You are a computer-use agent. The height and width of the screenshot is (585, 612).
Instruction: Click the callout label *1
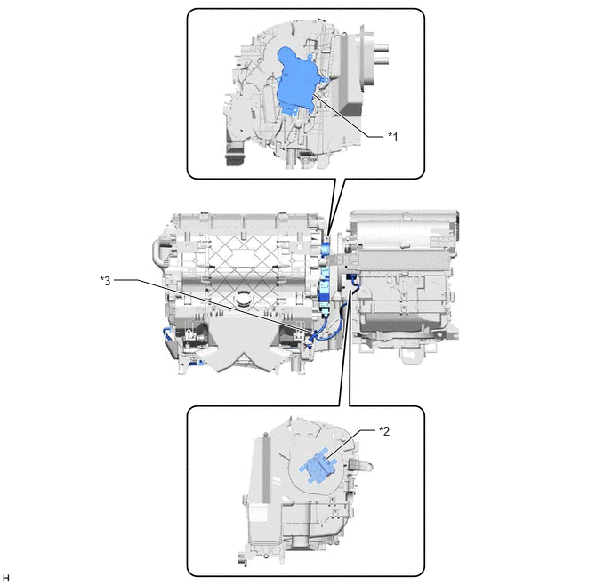(x=392, y=137)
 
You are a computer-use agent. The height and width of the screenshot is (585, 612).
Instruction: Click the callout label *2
(x=384, y=431)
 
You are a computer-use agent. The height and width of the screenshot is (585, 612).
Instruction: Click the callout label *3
(x=105, y=281)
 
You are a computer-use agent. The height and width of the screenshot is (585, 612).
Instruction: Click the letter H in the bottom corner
(x=6, y=578)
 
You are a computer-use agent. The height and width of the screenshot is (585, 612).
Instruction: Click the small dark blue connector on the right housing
(x=350, y=277)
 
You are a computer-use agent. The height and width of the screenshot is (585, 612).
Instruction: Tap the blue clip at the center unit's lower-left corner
(x=168, y=335)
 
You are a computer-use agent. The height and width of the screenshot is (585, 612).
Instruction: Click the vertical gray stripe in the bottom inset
(x=266, y=469)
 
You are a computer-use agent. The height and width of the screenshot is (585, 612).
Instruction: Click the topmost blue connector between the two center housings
(x=326, y=248)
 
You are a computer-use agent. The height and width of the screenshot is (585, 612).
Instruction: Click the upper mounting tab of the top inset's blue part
(x=310, y=58)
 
